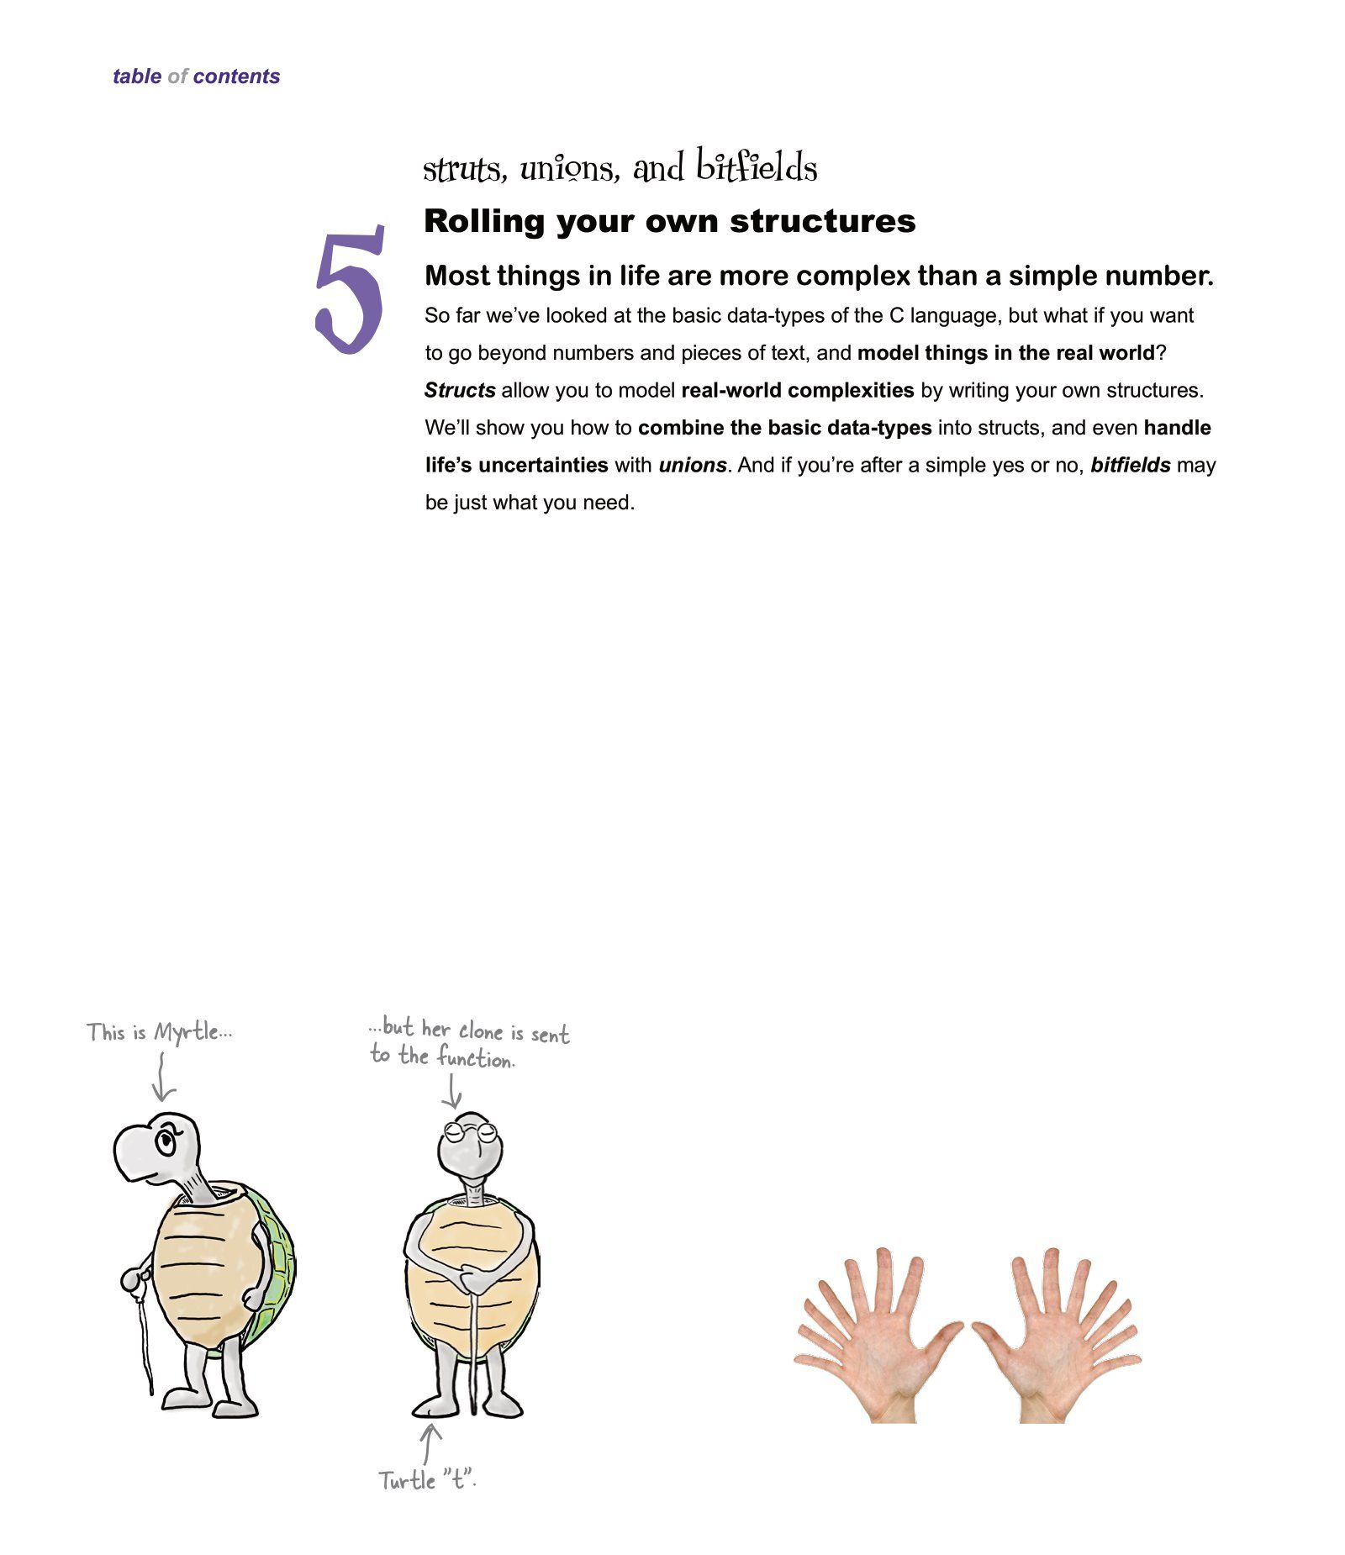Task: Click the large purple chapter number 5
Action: click(350, 289)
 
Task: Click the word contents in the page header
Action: click(236, 76)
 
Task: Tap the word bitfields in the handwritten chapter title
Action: click(756, 166)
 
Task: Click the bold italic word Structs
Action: click(460, 391)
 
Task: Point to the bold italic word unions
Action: click(692, 466)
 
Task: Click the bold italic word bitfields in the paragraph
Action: click(1130, 466)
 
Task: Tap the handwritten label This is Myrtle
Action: click(159, 1032)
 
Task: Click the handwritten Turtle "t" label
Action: click(427, 1480)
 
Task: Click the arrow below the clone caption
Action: click(452, 1092)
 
